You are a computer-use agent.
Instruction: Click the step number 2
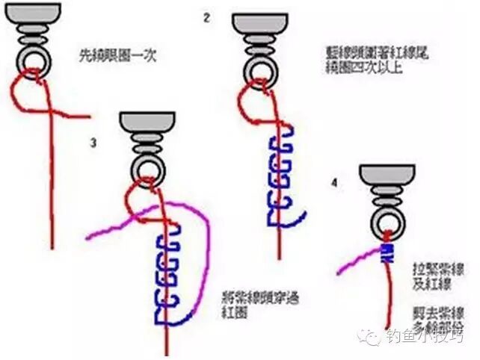(206, 16)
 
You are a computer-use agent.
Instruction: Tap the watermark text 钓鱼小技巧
(427, 337)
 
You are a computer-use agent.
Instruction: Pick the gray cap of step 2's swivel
(259, 23)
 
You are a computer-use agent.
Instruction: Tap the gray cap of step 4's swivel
(386, 174)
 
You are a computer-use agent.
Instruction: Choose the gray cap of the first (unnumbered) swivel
(34, 13)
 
